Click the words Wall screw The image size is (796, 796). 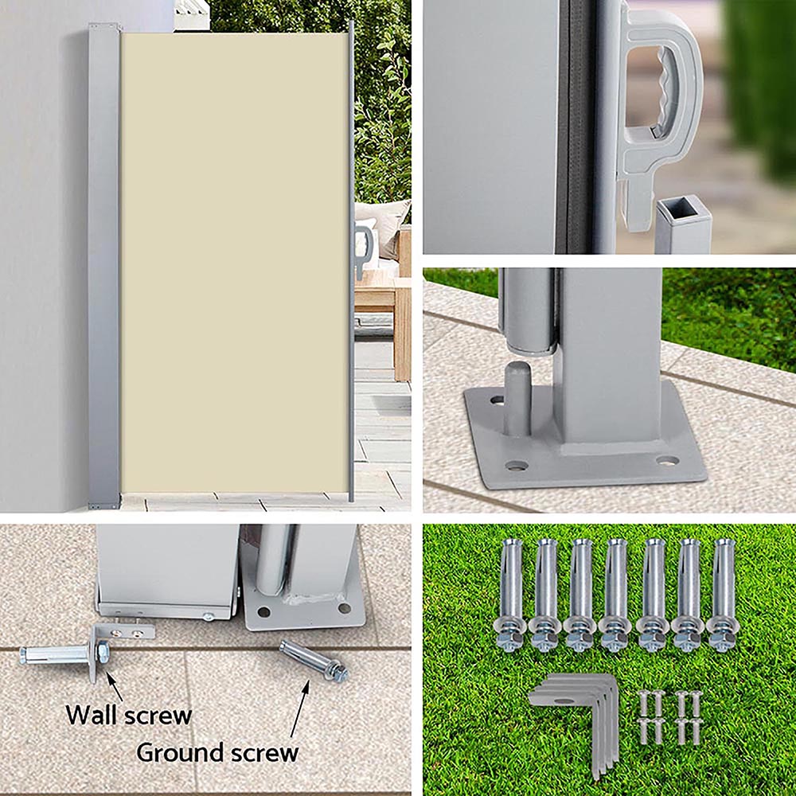pos(128,714)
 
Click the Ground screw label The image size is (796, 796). pos(217,751)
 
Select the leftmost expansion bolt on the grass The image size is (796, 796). pos(509,594)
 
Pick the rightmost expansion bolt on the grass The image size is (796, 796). pos(723,594)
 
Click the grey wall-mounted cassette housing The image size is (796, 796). pos(104,263)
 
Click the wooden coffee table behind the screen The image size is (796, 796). pos(382,295)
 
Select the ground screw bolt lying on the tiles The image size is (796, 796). pos(314,661)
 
